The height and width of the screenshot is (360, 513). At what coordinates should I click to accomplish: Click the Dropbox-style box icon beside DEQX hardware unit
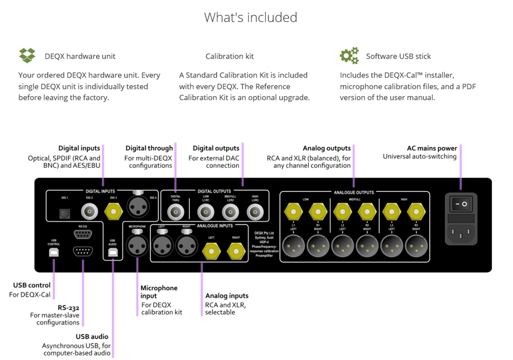tap(27, 55)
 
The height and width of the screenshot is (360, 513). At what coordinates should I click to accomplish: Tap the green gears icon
tap(349, 55)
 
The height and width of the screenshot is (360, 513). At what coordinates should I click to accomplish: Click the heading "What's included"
tap(250, 18)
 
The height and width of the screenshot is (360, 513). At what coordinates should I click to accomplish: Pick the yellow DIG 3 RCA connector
tap(113, 213)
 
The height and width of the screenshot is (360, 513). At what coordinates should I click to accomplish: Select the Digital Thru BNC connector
tap(176, 213)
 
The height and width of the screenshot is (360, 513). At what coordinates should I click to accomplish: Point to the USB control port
tap(54, 252)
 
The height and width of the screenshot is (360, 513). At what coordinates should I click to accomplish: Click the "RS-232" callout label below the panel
tap(68, 307)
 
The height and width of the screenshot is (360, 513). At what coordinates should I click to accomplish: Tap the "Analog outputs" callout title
tap(327, 148)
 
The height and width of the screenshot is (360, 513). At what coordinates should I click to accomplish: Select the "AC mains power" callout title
tap(432, 148)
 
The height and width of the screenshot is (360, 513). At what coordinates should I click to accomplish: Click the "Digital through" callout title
tap(149, 148)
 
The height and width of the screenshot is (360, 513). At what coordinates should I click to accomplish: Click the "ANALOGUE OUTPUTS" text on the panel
tap(354, 192)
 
